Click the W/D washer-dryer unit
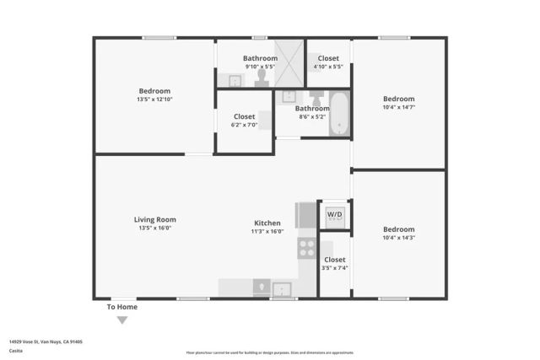pyautogui.click(x=334, y=214)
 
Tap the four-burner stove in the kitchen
pyautogui.click(x=305, y=247)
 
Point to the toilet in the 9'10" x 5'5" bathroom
pyautogui.click(x=262, y=78)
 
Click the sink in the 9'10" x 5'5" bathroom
pyautogui.click(x=234, y=81)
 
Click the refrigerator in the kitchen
pyautogui.click(x=305, y=215)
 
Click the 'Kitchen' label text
pyautogui.click(x=267, y=223)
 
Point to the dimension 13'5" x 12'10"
pyautogui.click(x=154, y=99)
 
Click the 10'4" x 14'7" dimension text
pyautogui.click(x=398, y=107)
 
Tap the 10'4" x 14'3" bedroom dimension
pyautogui.click(x=398, y=238)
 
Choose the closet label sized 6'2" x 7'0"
pyautogui.click(x=244, y=125)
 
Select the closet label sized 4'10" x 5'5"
pyautogui.click(x=328, y=67)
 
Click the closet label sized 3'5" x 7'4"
pyautogui.click(x=334, y=268)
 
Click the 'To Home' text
pyautogui.click(x=121, y=307)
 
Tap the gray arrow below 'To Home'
pyautogui.click(x=122, y=320)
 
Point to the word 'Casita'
pyautogui.click(x=16, y=351)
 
